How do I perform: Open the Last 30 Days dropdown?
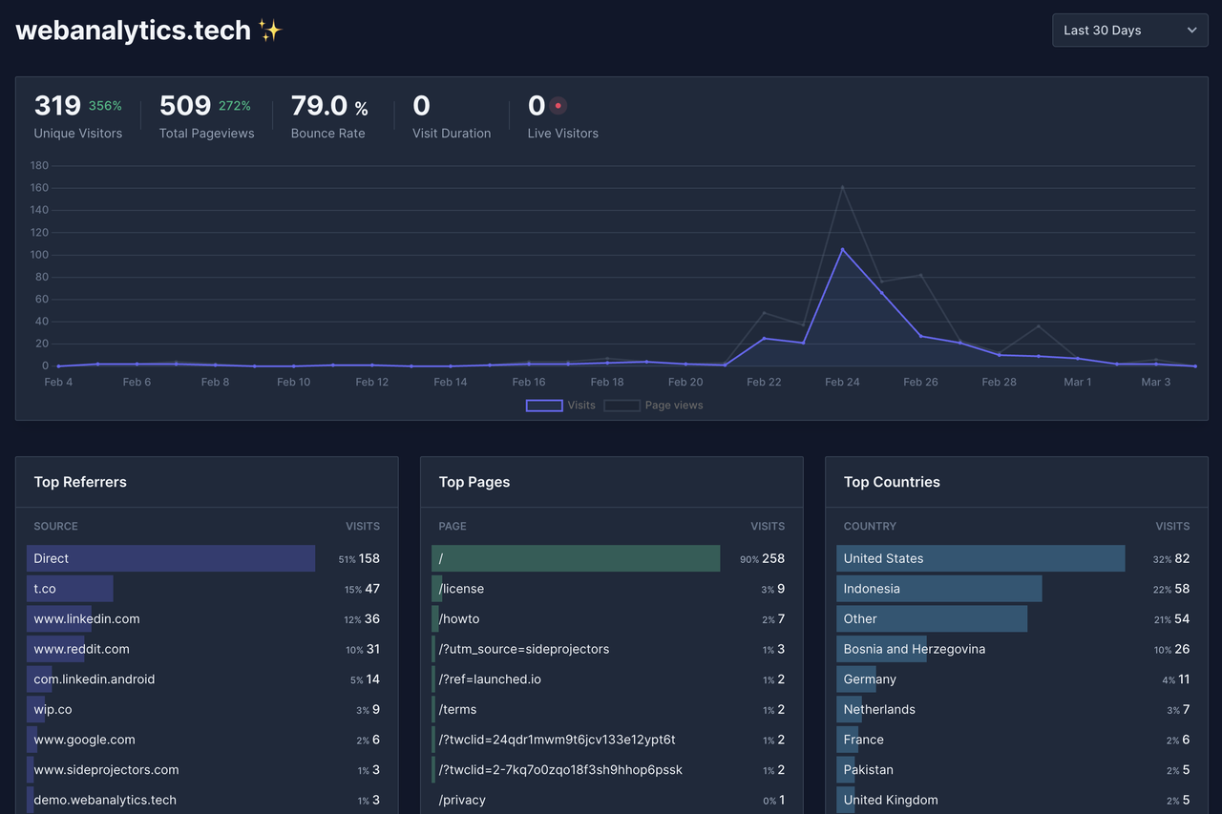click(1129, 31)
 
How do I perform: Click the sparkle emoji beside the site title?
click(270, 31)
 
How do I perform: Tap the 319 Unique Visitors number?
click(57, 105)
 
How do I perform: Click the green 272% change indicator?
click(235, 106)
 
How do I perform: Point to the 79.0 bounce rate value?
click(319, 105)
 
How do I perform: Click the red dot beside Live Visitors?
click(558, 106)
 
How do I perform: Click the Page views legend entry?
click(654, 406)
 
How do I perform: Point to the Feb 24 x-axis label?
click(842, 382)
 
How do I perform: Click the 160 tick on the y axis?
click(38, 188)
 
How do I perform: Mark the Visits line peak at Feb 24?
click(842, 249)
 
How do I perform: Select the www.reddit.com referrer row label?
click(81, 649)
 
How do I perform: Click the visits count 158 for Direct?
click(369, 558)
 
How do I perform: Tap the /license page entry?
click(461, 589)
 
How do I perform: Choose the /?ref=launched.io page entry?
click(490, 679)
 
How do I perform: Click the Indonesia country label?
click(872, 589)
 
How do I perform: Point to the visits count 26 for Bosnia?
click(1182, 649)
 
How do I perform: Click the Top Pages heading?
click(474, 482)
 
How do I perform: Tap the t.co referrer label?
click(45, 589)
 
